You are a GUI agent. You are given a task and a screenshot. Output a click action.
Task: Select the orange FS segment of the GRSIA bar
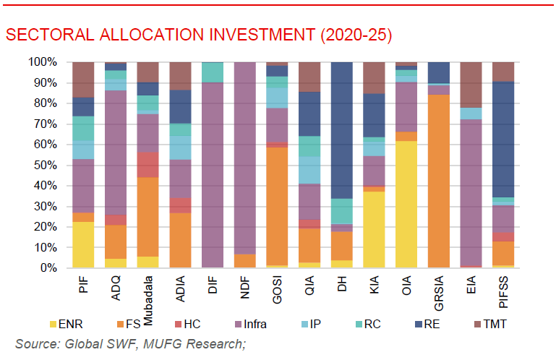(440, 181)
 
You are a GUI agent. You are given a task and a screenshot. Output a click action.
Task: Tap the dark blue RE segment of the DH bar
(342, 131)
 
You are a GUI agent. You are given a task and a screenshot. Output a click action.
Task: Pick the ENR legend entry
(72, 324)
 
